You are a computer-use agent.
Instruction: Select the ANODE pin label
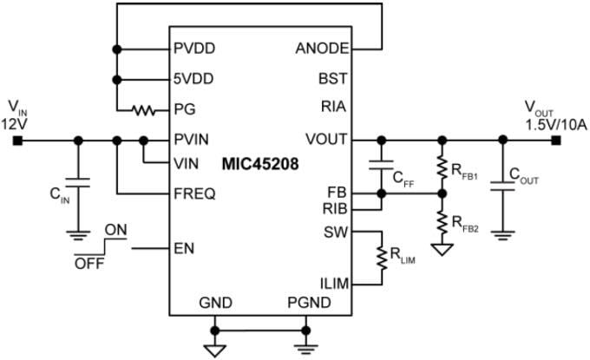[322, 49]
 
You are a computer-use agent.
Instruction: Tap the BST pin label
[333, 79]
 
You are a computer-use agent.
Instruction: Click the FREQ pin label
[195, 194]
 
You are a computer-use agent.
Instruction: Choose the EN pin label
[184, 249]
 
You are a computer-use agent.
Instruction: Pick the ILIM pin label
[332, 283]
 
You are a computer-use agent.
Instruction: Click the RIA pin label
[334, 108]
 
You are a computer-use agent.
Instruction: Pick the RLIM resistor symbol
[381, 257]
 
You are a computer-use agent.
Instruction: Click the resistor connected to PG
[142, 110]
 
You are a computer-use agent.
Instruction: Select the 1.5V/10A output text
[556, 125]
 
